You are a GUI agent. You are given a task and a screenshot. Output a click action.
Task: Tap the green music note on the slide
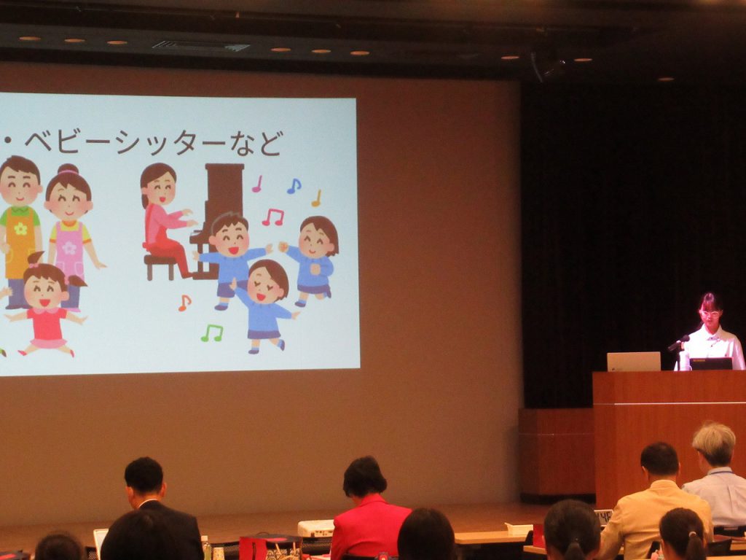tap(212, 332)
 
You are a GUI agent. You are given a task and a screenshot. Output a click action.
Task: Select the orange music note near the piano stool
tap(184, 303)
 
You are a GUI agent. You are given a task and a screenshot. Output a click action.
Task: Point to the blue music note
tap(294, 186)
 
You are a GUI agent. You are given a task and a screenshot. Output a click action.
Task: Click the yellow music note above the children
tap(316, 198)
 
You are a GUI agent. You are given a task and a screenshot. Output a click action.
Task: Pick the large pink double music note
tap(273, 217)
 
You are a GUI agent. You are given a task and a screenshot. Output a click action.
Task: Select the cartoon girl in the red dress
tap(45, 309)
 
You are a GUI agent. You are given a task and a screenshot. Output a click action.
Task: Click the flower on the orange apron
tap(20, 228)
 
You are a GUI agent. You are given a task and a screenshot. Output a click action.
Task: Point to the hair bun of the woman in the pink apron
tap(68, 169)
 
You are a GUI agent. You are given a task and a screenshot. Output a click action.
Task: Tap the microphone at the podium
tap(679, 343)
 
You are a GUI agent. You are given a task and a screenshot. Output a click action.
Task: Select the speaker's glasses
tap(710, 314)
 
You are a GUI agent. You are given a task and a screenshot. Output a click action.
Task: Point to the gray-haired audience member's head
tap(714, 444)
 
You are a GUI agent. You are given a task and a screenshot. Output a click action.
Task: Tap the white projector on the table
tap(316, 528)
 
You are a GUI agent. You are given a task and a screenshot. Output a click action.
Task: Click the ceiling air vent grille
tap(201, 46)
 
